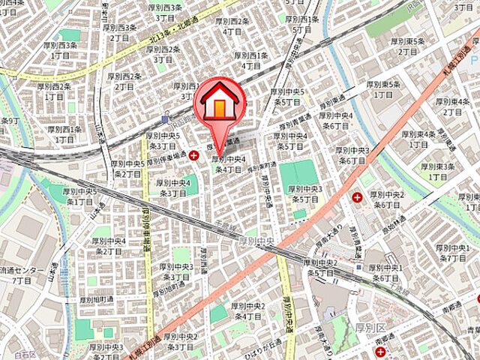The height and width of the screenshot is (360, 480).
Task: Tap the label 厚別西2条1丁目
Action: pos(54,91)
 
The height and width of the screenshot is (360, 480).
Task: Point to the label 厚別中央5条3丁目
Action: pos(162,141)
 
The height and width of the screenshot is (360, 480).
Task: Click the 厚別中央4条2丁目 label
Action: pos(108,247)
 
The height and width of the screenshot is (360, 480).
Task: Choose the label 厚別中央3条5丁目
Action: pos(306,194)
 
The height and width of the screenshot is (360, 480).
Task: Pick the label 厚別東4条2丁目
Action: pos(454,106)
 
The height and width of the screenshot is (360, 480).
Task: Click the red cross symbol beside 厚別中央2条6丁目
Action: pos(357,197)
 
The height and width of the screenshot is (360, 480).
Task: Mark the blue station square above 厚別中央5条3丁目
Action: pos(165,118)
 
